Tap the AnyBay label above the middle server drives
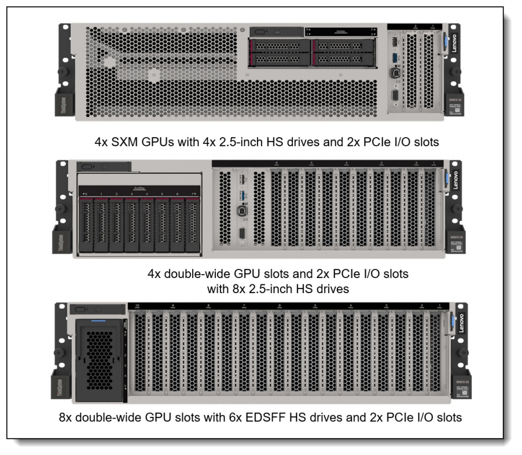point(139,187)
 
